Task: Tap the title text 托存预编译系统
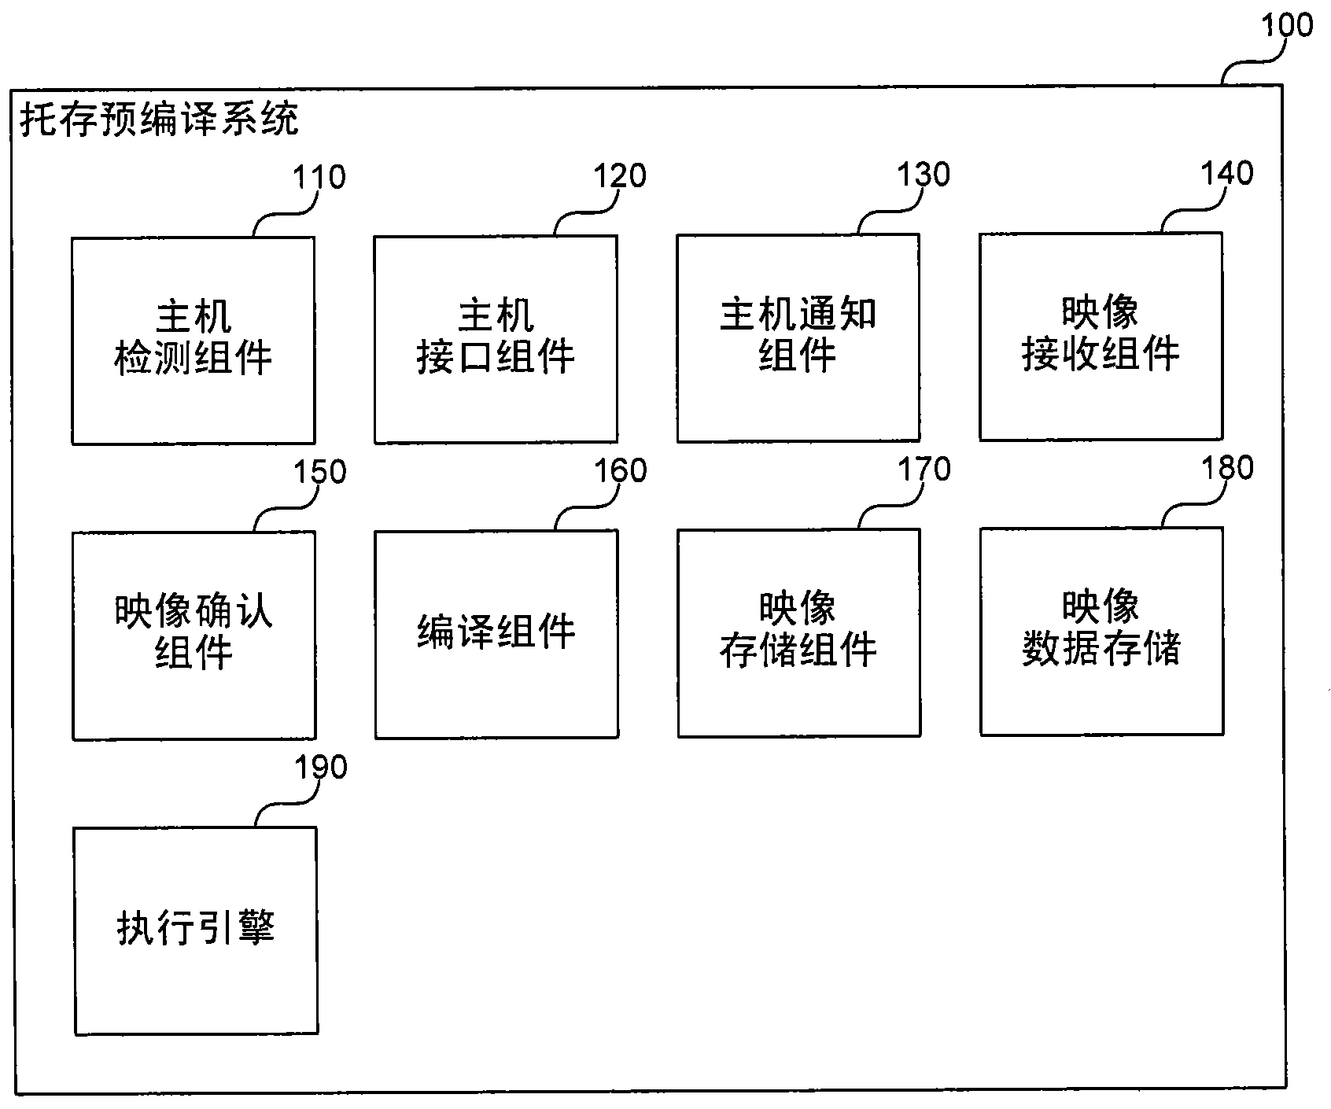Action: [x=159, y=120]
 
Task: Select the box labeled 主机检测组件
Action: [x=194, y=340]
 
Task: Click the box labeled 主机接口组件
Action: [x=496, y=338]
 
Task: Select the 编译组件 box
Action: [x=496, y=633]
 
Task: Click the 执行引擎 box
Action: [x=196, y=930]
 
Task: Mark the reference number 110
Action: [x=319, y=178]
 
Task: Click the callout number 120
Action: [x=620, y=176]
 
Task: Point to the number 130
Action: [x=924, y=175]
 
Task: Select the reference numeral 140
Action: [x=1226, y=173]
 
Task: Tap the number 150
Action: [x=319, y=473]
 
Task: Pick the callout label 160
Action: [x=620, y=471]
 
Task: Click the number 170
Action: [x=924, y=470]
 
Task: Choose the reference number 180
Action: [x=1226, y=468]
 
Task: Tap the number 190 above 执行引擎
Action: [x=320, y=768]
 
